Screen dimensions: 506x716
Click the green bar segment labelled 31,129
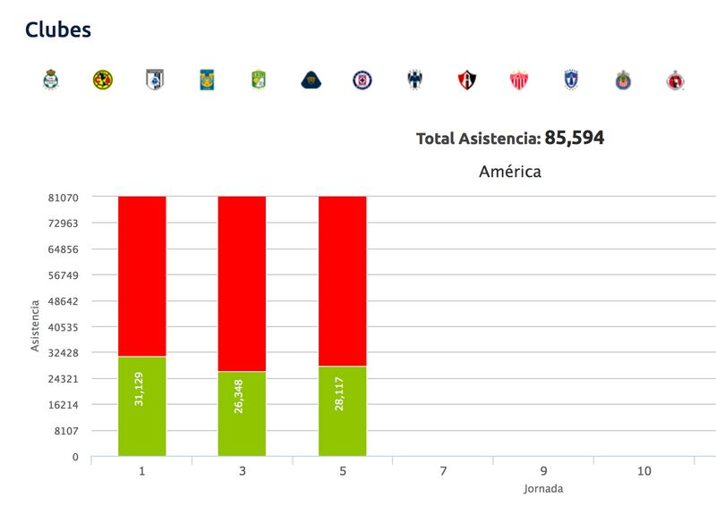coord(141,406)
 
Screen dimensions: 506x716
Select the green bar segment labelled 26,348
coord(242,413)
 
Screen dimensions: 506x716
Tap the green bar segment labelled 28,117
coord(342,410)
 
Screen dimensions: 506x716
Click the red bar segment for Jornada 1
coord(141,275)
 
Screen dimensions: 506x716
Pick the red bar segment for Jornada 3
coord(242,283)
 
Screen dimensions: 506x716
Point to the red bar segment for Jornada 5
coord(342,280)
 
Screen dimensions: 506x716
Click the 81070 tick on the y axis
coord(62,198)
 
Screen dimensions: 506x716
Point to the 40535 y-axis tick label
coord(62,327)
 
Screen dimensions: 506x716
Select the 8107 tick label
coord(64,431)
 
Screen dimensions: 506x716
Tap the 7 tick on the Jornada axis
coord(443,471)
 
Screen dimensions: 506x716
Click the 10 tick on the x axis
coord(644,471)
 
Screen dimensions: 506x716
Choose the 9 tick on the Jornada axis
coord(543,471)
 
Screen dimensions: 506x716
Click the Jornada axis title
coord(543,489)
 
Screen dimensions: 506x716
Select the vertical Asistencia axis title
coord(36,326)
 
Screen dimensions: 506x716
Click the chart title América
coord(509,171)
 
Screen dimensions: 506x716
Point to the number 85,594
coord(575,139)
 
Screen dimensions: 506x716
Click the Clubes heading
coord(58,30)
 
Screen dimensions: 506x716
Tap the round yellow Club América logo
coord(103,80)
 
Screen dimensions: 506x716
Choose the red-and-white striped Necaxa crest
coord(519,80)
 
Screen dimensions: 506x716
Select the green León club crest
coord(259,80)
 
